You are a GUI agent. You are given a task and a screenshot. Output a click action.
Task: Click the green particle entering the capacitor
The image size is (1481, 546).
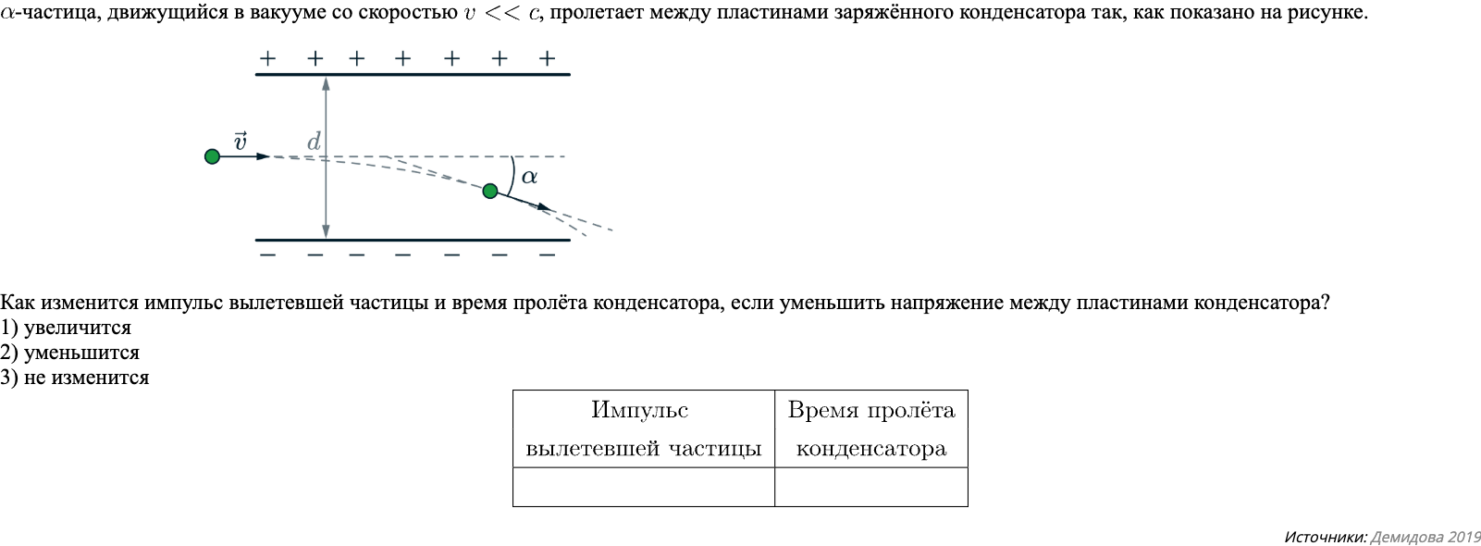click(x=212, y=156)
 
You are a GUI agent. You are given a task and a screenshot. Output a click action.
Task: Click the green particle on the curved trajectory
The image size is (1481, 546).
click(x=490, y=191)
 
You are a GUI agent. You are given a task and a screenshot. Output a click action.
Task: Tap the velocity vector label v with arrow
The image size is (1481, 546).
click(x=240, y=142)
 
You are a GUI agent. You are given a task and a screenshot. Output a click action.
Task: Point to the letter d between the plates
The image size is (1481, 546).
click(x=314, y=142)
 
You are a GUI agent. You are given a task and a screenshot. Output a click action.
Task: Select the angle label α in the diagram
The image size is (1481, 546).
click(x=529, y=176)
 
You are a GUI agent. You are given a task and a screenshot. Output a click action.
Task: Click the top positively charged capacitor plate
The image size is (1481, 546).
click(x=412, y=74)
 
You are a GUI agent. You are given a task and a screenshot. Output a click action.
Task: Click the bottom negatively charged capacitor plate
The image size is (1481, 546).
click(x=412, y=240)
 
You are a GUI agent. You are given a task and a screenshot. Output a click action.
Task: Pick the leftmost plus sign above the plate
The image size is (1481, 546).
click(x=267, y=58)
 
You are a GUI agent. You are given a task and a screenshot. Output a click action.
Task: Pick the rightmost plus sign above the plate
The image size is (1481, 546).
click(x=547, y=58)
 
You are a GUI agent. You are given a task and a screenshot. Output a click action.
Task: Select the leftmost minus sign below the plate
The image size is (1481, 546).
click(x=267, y=254)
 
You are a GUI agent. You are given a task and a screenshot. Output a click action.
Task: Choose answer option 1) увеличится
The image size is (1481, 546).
click(x=67, y=328)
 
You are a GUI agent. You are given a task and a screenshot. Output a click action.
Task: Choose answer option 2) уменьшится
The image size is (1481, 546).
click(x=70, y=353)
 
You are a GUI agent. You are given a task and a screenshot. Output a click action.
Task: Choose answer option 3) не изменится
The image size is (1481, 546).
click(x=75, y=378)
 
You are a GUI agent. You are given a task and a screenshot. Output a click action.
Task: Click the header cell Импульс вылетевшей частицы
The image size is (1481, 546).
click(x=643, y=429)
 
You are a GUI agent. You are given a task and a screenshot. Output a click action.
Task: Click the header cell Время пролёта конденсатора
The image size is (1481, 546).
click(x=870, y=429)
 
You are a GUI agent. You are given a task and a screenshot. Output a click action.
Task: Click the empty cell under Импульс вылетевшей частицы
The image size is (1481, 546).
click(x=643, y=487)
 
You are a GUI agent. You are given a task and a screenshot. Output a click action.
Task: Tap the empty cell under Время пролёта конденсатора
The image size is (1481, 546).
click(x=870, y=487)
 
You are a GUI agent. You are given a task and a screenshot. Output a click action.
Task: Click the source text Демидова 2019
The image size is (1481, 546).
click(x=1425, y=537)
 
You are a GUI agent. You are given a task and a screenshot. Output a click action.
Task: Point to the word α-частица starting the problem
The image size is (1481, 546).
click(x=46, y=14)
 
